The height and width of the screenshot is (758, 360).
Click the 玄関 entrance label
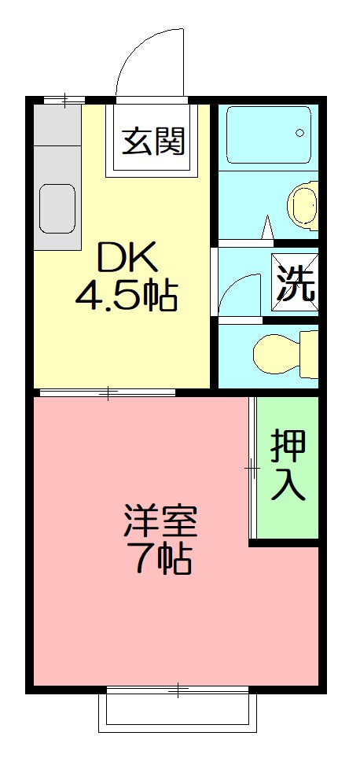[153, 142]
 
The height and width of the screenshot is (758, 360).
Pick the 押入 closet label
[288, 465]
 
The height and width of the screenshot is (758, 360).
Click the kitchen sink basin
[57, 208]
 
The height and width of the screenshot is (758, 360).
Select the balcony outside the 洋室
[178, 712]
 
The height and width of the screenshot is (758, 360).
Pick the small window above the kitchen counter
[64, 99]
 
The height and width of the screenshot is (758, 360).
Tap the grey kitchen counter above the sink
[57, 142]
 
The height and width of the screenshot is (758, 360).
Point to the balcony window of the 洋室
[178, 690]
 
